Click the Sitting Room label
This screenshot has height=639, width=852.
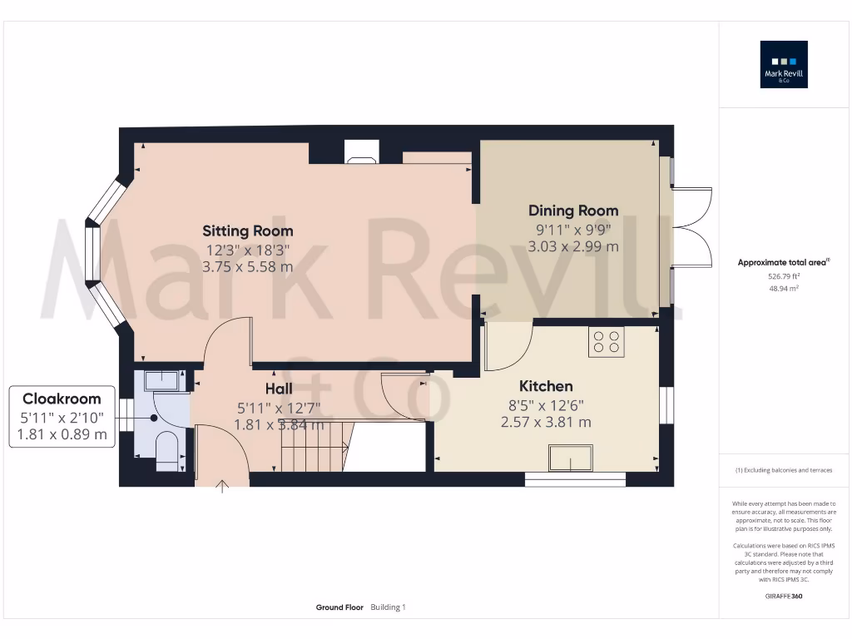tap(248, 230)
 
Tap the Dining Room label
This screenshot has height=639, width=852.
tap(573, 211)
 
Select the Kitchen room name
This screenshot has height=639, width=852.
tap(546, 386)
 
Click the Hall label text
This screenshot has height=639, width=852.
tap(279, 389)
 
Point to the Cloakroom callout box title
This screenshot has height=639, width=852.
tap(62, 399)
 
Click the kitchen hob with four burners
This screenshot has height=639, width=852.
tap(606, 342)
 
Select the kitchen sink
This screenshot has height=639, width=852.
tap(571, 458)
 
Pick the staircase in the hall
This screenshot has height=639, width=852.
tap(314, 445)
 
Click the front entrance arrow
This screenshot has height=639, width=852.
tap(222, 486)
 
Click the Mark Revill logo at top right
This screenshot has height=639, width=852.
tap(784, 65)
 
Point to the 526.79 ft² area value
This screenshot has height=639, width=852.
tap(784, 275)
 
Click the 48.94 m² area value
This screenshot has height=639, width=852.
tap(784, 288)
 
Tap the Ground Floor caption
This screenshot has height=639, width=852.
tap(339, 607)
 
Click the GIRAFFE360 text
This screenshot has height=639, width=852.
tap(784, 596)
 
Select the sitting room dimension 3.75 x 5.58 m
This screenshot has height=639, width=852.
tap(248, 266)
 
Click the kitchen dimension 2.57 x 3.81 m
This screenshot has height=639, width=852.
tap(546, 422)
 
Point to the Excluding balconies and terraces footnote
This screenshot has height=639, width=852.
tap(784, 470)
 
